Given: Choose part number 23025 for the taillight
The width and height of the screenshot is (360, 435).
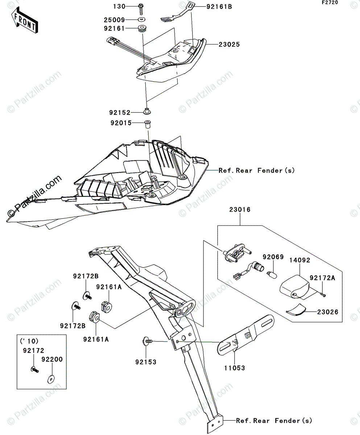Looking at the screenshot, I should click(x=229, y=45).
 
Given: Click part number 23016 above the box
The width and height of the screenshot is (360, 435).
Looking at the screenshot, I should click(x=239, y=210).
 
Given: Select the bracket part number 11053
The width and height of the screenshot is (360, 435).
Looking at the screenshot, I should click(x=234, y=368).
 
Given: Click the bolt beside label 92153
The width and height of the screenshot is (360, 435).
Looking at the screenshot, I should click(x=148, y=341).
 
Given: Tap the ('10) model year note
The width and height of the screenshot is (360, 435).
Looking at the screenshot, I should click(x=30, y=341).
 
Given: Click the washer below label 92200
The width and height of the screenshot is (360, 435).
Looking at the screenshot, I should click(x=50, y=380).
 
